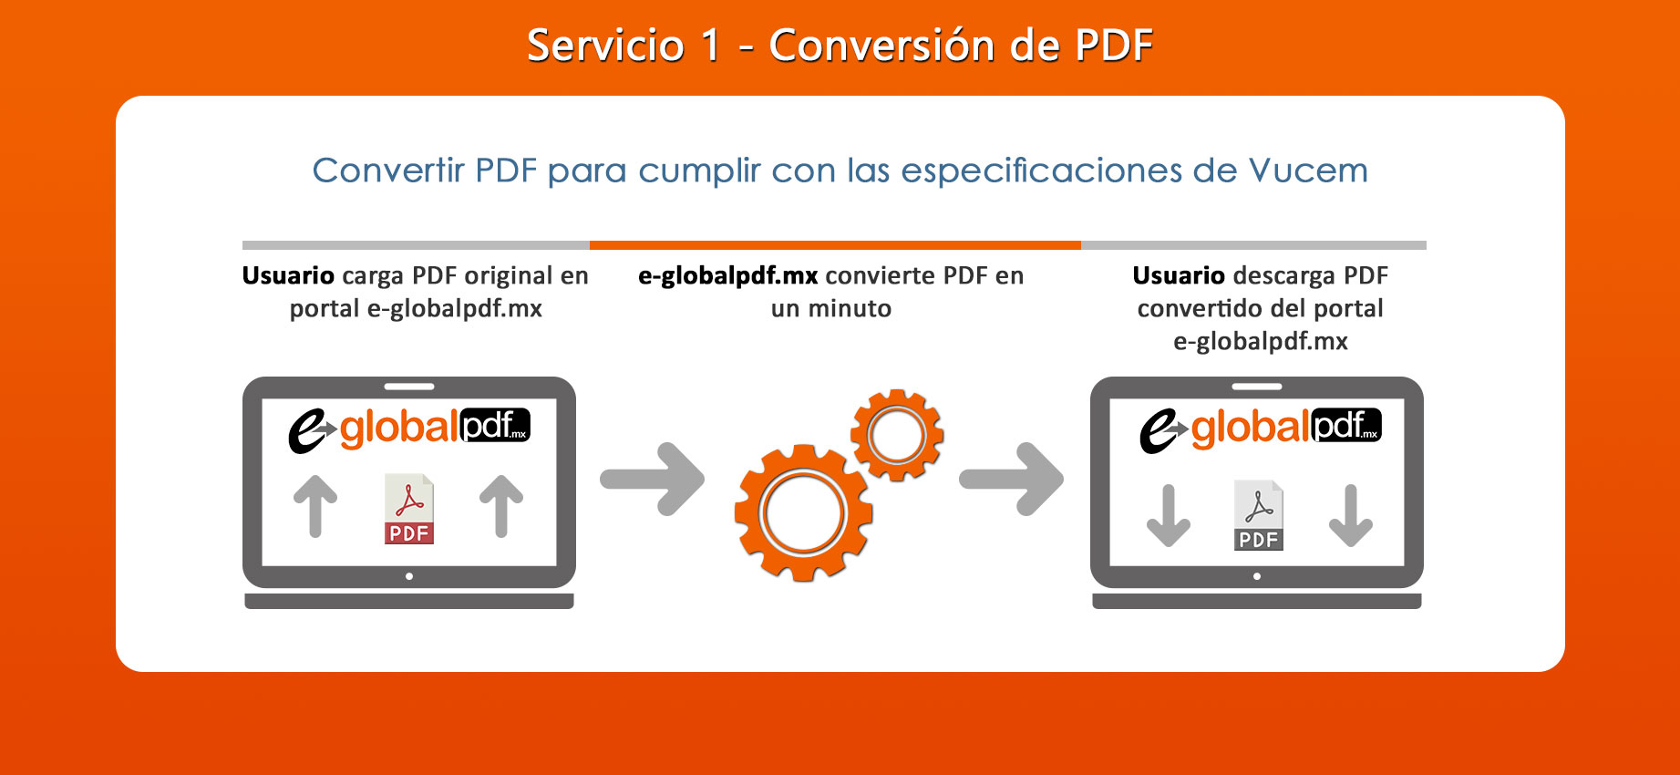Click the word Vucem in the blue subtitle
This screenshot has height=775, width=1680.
tap(1308, 170)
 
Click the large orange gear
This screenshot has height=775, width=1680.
tap(803, 512)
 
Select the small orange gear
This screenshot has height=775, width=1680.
tap(897, 435)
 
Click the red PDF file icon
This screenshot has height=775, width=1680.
tap(408, 509)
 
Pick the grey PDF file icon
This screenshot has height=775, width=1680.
tap(1258, 515)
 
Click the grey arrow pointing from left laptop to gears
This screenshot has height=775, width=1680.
tap(653, 479)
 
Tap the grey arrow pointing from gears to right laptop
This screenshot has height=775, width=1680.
tap(1012, 479)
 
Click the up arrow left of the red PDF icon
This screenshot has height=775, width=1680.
tap(315, 506)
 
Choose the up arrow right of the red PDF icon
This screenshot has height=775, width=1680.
tap(501, 506)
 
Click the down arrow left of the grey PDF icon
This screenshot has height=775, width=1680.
tap(1169, 515)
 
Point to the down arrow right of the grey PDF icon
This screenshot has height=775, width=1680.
tap(1351, 515)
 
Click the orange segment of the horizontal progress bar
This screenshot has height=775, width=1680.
tap(835, 245)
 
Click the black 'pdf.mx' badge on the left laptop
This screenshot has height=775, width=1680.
tap(495, 426)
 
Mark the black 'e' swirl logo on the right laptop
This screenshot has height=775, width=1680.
tap(1160, 430)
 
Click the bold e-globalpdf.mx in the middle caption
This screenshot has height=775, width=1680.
tap(728, 276)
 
